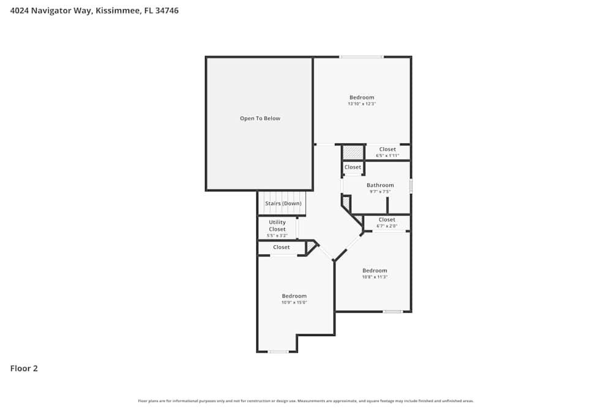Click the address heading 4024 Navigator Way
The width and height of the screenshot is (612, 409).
click(x=94, y=10)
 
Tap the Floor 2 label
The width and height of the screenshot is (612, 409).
click(x=24, y=369)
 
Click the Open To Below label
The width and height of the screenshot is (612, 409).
click(x=260, y=118)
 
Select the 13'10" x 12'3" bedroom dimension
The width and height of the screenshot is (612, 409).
click(x=362, y=104)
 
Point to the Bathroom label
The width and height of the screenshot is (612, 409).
click(x=380, y=185)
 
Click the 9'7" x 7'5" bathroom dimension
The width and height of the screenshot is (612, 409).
click(x=380, y=192)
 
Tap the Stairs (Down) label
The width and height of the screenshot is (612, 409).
click(x=283, y=204)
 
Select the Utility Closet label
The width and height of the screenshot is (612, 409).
click(x=277, y=226)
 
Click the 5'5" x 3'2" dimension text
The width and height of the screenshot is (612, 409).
click(x=277, y=235)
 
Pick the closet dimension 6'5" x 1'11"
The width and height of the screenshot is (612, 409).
click(x=387, y=156)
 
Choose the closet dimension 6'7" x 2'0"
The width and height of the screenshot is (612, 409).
click(x=387, y=226)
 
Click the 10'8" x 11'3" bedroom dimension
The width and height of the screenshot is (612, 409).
click(x=375, y=277)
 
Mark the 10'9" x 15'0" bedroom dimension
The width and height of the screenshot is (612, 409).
click(x=294, y=302)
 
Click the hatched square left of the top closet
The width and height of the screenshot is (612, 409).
click(x=353, y=151)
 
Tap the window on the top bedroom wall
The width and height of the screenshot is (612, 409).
click(x=362, y=57)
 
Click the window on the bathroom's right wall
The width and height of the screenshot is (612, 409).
click(x=411, y=186)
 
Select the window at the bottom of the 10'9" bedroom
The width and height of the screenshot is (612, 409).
click(x=278, y=351)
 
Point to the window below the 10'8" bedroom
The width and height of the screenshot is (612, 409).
click(x=392, y=312)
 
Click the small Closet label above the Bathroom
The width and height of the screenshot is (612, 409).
click(x=353, y=167)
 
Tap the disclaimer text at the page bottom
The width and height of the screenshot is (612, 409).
click(x=306, y=401)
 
